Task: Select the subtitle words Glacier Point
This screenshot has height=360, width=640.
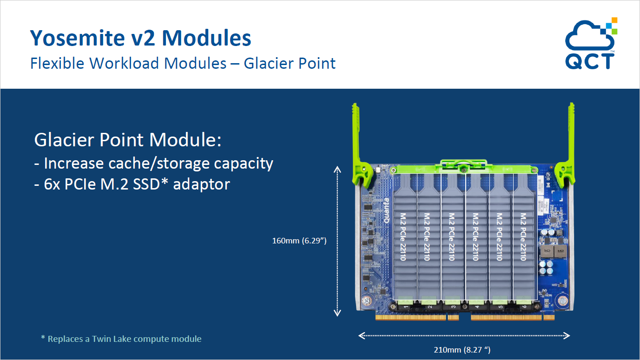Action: coord(290,63)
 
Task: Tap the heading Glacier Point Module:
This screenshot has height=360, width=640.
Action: coord(127,140)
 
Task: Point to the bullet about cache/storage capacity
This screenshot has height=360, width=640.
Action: coord(153,164)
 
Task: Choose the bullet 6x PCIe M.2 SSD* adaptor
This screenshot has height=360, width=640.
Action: coord(132,184)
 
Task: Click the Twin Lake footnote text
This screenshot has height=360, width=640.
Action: coord(121,339)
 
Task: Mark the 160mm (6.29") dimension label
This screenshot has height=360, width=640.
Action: coord(299,241)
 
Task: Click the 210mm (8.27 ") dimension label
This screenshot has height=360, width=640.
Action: coord(464,349)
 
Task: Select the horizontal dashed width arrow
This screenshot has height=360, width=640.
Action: coord(464,335)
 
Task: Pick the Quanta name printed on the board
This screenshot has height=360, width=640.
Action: coord(386,211)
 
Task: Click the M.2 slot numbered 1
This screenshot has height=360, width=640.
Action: coord(405,307)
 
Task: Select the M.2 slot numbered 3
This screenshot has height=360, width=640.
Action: coord(453,307)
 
